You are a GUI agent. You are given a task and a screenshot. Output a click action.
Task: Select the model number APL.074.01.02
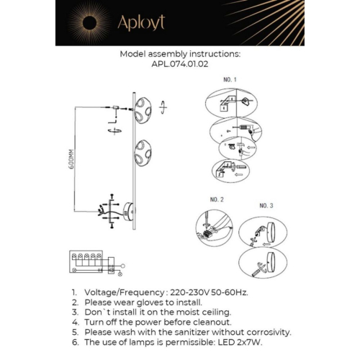(x=179, y=63)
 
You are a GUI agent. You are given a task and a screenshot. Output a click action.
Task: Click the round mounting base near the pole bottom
(x=129, y=210)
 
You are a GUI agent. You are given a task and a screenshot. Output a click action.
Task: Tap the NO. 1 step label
(x=229, y=78)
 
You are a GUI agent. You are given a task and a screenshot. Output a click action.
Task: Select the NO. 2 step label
(x=217, y=199)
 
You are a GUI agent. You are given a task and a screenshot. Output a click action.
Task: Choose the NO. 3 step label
(x=266, y=205)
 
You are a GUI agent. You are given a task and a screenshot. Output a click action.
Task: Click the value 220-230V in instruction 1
(x=189, y=294)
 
